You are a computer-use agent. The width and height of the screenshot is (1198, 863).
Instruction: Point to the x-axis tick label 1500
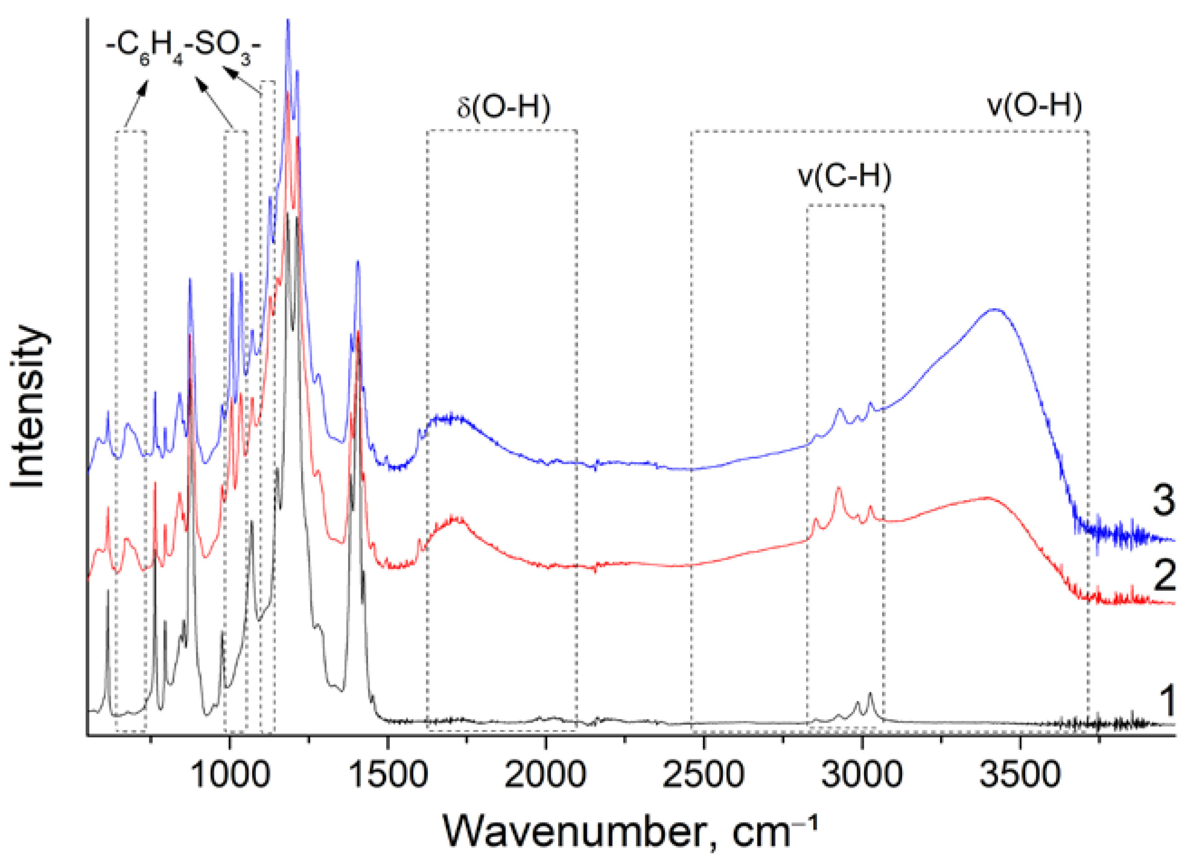click(x=388, y=775)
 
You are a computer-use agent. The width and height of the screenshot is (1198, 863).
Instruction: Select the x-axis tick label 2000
click(x=545, y=775)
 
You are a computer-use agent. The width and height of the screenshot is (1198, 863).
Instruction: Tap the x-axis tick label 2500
click(x=704, y=775)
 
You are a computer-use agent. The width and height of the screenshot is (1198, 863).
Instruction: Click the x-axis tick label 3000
click(x=862, y=775)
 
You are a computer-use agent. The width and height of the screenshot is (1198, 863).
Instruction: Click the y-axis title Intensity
click(x=29, y=407)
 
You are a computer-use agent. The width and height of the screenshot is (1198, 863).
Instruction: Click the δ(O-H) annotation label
click(x=503, y=107)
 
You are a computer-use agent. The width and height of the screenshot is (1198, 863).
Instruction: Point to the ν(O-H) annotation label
click(x=1034, y=105)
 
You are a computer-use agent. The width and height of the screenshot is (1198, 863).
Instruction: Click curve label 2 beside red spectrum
click(x=1164, y=575)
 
